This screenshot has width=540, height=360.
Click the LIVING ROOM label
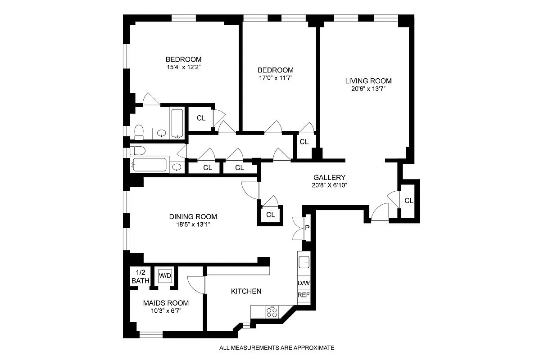[368, 81]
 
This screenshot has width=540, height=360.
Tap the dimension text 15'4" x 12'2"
[183, 67]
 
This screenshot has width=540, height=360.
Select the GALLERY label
[329, 177]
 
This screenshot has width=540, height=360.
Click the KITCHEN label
[246, 291]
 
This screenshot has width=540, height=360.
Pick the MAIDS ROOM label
[166, 303]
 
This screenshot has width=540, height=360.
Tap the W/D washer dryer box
[164, 275]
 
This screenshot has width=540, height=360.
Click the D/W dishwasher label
[304, 283]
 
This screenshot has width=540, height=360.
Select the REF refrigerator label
[304, 295]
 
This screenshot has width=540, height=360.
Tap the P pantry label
[307, 227]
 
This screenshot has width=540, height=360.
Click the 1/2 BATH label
[140, 276]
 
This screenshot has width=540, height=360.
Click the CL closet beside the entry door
[408, 201]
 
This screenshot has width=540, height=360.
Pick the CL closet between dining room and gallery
[270, 215]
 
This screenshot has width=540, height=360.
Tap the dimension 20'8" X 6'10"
[329, 185]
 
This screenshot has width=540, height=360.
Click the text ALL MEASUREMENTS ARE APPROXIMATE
[277, 348]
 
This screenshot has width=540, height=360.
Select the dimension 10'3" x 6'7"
[166, 310]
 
